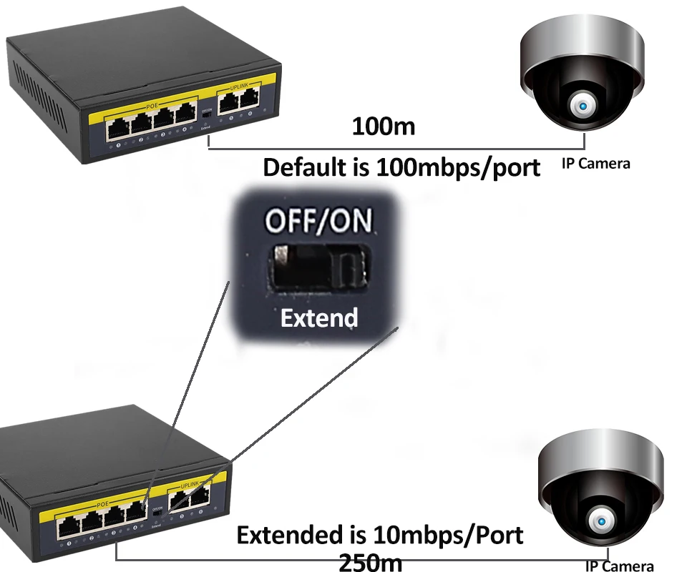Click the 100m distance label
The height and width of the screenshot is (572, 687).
[x=384, y=127]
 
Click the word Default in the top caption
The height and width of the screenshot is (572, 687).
[x=313, y=168]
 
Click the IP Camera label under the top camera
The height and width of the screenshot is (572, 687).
[x=595, y=164]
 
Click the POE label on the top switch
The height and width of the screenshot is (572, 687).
[x=151, y=105]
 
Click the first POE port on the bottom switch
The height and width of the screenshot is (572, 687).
[x=69, y=529]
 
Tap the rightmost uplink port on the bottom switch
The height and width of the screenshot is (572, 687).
[x=200, y=493]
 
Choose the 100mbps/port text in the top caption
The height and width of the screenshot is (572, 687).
[x=456, y=168]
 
